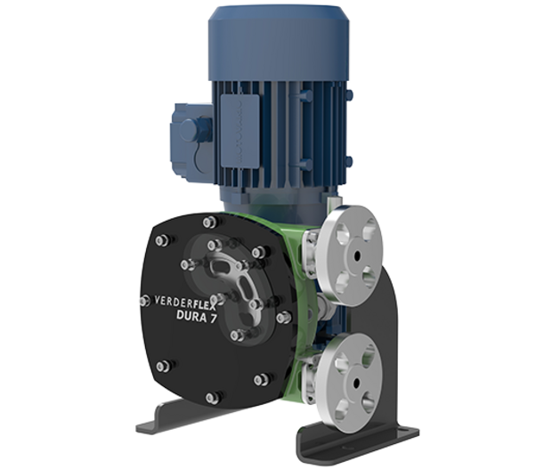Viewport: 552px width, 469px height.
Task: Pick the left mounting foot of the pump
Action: click(x=167, y=430)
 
